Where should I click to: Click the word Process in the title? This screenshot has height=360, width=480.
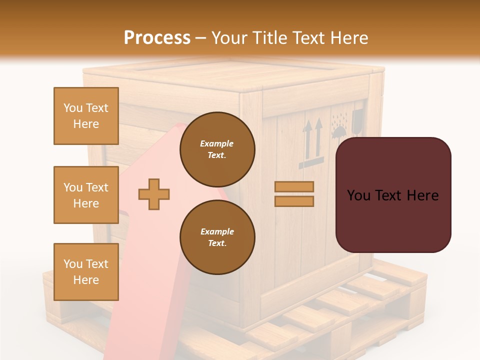point(157,38)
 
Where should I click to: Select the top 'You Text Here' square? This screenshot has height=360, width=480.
point(86,116)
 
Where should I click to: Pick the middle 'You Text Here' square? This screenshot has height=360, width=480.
point(86,195)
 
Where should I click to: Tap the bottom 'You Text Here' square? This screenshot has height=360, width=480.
point(86,272)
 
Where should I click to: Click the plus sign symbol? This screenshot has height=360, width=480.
point(154,194)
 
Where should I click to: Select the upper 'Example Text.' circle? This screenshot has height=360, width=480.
point(217,149)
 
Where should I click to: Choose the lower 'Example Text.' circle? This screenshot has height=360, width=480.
point(217,237)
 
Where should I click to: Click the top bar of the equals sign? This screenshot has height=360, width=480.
point(294,187)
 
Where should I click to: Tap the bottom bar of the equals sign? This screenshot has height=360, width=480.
point(294,201)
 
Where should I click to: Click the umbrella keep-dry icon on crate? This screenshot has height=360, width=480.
point(339,129)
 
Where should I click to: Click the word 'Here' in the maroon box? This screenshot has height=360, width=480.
point(422,195)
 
